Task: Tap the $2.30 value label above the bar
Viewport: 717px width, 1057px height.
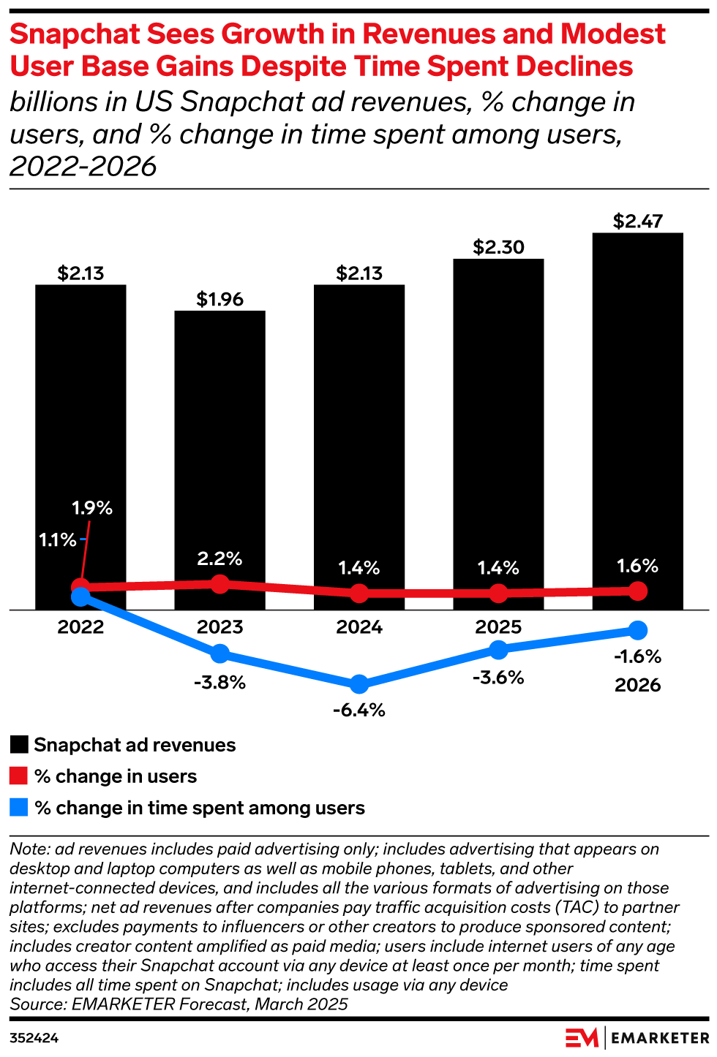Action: tap(498, 247)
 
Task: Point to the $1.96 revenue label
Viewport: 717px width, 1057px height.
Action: tap(219, 299)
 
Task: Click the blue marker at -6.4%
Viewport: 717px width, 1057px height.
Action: tap(359, 684)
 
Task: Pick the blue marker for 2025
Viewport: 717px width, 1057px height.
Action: tap(498, 649)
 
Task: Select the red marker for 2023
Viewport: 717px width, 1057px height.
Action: tap(219, 583)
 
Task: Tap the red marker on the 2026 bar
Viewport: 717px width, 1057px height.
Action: tap(637, 591)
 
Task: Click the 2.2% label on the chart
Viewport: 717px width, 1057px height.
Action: tap(219, 558)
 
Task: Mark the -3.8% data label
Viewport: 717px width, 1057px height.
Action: tap(219, 683)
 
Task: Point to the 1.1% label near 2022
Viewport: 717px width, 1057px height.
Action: tap(57, 539)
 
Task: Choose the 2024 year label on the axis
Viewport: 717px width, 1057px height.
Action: tap(359, 627)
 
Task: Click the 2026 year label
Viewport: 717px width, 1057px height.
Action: tap(637, 685)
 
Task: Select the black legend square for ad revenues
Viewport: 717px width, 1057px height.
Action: tap(19, 745)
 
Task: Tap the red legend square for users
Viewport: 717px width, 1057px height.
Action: tap(19, 776)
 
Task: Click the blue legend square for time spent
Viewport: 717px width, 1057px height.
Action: tap(19, 807)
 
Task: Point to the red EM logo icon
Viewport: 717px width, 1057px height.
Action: tap(582, 1038)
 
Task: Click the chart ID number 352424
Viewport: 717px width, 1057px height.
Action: tap(34, 1038)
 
